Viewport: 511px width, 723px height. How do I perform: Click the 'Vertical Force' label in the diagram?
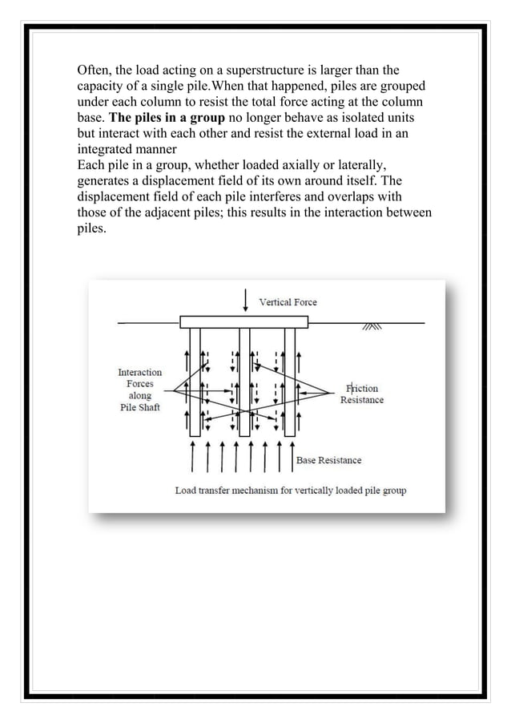click(x=288, y=302)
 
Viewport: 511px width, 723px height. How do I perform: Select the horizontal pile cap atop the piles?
click(x=244, y=322)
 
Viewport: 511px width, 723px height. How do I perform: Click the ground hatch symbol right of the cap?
click(x=373, y=327)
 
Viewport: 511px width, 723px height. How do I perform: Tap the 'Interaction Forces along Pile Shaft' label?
click(x=139, y=389)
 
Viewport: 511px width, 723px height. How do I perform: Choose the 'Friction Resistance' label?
click(x=361, y=394)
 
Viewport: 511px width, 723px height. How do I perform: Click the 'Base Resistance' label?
click(x=328, y=460)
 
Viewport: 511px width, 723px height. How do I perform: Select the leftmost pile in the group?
click(x=195, y=381)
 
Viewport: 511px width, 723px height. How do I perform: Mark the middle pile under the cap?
click(x=244, y=381)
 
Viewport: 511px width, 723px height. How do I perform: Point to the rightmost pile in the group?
click(x=290, y=381)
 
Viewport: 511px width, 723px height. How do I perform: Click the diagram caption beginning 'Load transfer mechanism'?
click(x=290, y=490)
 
